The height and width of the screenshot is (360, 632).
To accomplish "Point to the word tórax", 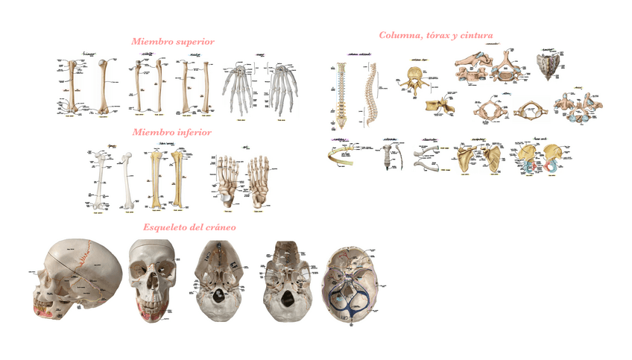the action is pos(444,35).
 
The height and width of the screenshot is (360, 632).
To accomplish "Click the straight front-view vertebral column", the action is pos(342,93).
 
